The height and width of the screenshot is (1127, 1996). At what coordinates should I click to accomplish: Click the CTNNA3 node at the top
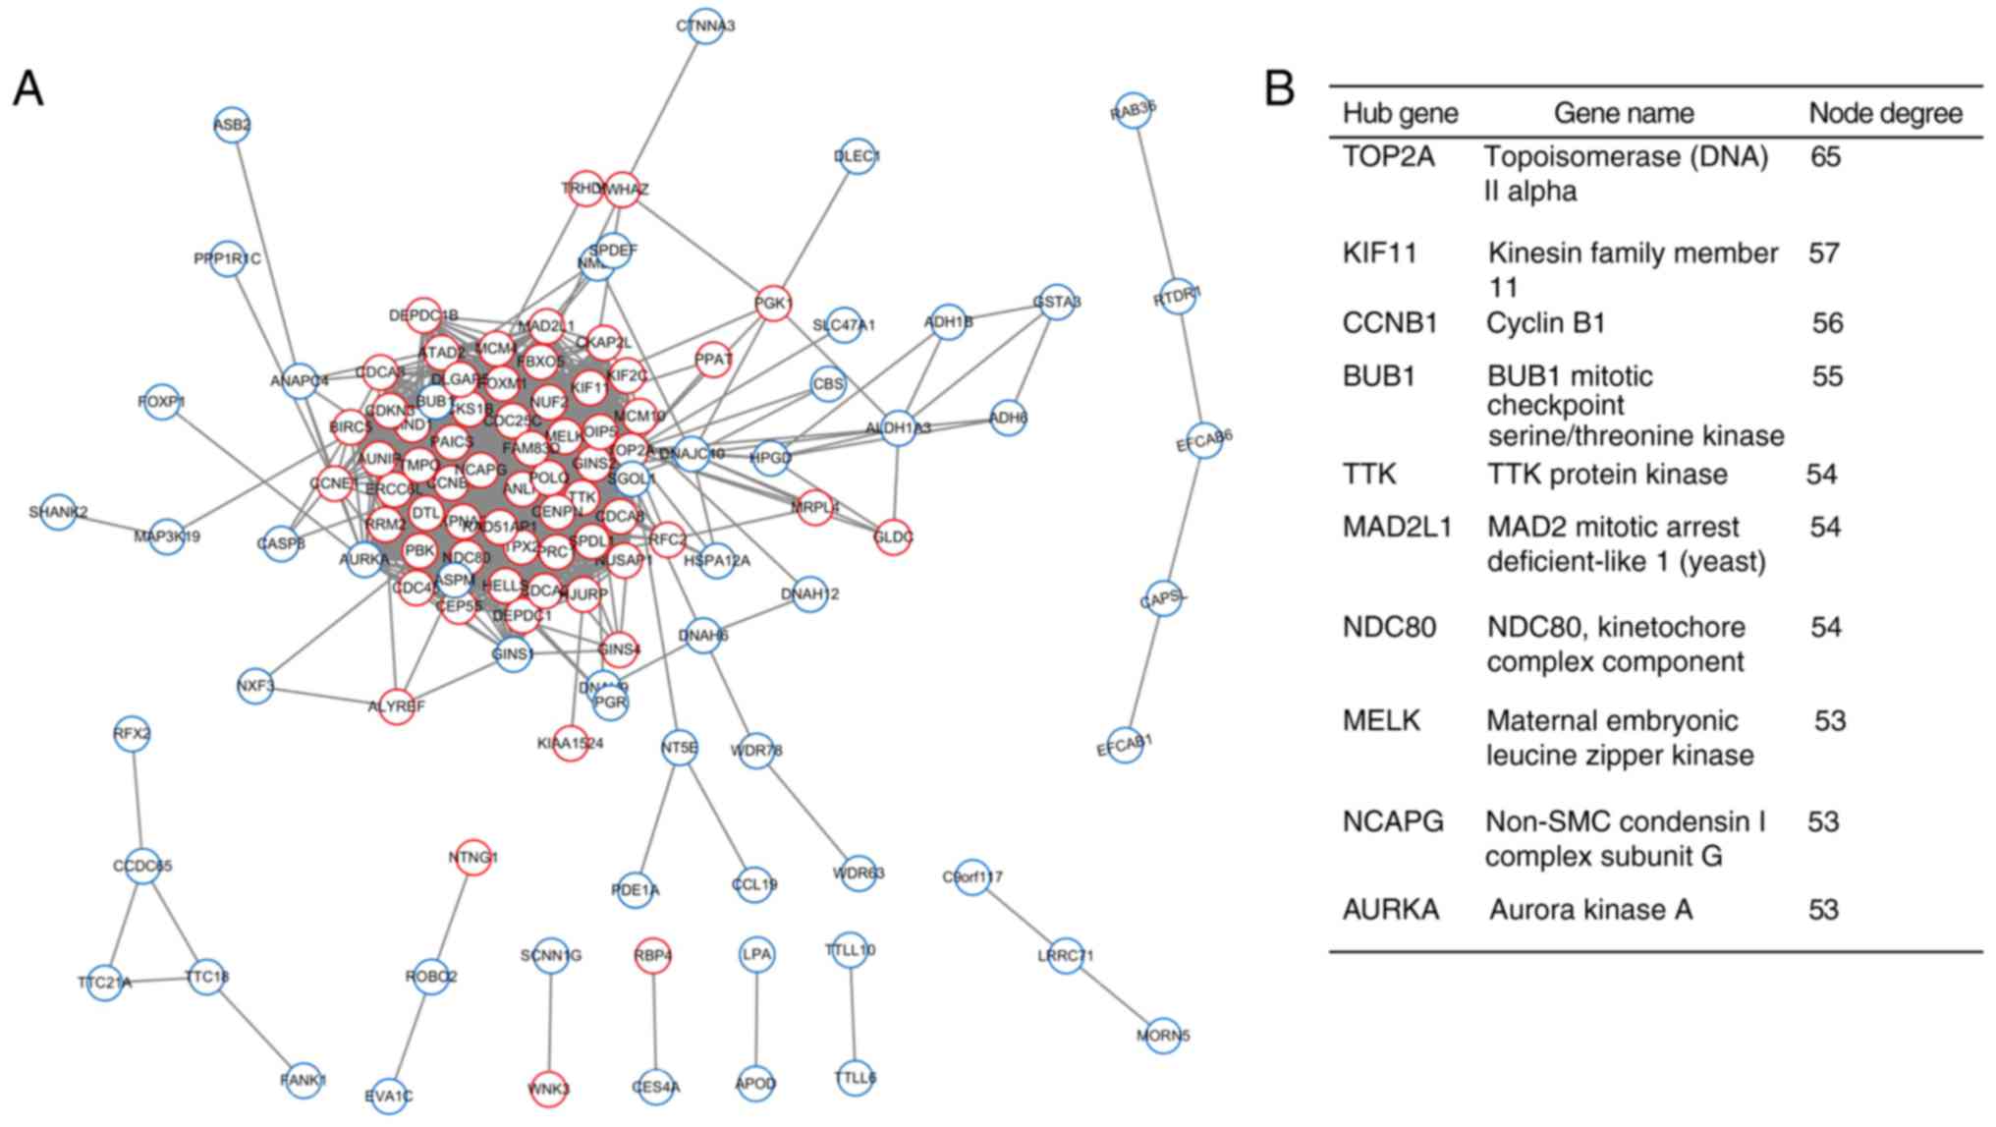(x=705, y=26)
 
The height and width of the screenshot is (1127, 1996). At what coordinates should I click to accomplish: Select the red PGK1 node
(x=774, y=304)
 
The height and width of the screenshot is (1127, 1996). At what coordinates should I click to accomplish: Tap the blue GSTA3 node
(x=1056, y=302)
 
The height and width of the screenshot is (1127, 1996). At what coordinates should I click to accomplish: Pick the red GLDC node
(x=894, y=536)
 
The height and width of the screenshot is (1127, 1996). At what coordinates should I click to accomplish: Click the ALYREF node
(x=397, y=705)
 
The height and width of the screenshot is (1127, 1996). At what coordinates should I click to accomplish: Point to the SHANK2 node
(x=58, y=512)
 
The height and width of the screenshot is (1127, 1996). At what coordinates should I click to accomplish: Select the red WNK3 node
(x=549, y=1089)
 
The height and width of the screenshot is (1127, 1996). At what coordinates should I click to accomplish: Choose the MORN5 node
(x=1163, y=1035)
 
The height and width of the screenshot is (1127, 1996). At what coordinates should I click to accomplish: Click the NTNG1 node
(x=473, y=858)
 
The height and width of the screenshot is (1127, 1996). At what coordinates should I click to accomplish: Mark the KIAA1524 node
(x=571, y=743)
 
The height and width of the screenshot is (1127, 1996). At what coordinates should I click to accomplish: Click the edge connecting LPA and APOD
(x=756, y=1020)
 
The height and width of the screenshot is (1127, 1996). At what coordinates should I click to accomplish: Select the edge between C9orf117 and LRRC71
(x=1019, y=916)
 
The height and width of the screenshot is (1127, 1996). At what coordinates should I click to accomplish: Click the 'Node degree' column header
(x=1885, y=113)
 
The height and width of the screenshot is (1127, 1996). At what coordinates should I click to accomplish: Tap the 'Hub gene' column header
(x=1400, y=113)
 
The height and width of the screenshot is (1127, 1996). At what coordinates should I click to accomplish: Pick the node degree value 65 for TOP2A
(x=1825, y=157)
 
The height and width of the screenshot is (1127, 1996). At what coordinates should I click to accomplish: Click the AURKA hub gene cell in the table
(x=1391, y=910)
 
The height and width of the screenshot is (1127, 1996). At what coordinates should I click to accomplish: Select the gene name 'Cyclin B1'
(x=1546, y=323)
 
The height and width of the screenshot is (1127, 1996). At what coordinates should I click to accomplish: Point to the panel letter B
(x=1279, y=88)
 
